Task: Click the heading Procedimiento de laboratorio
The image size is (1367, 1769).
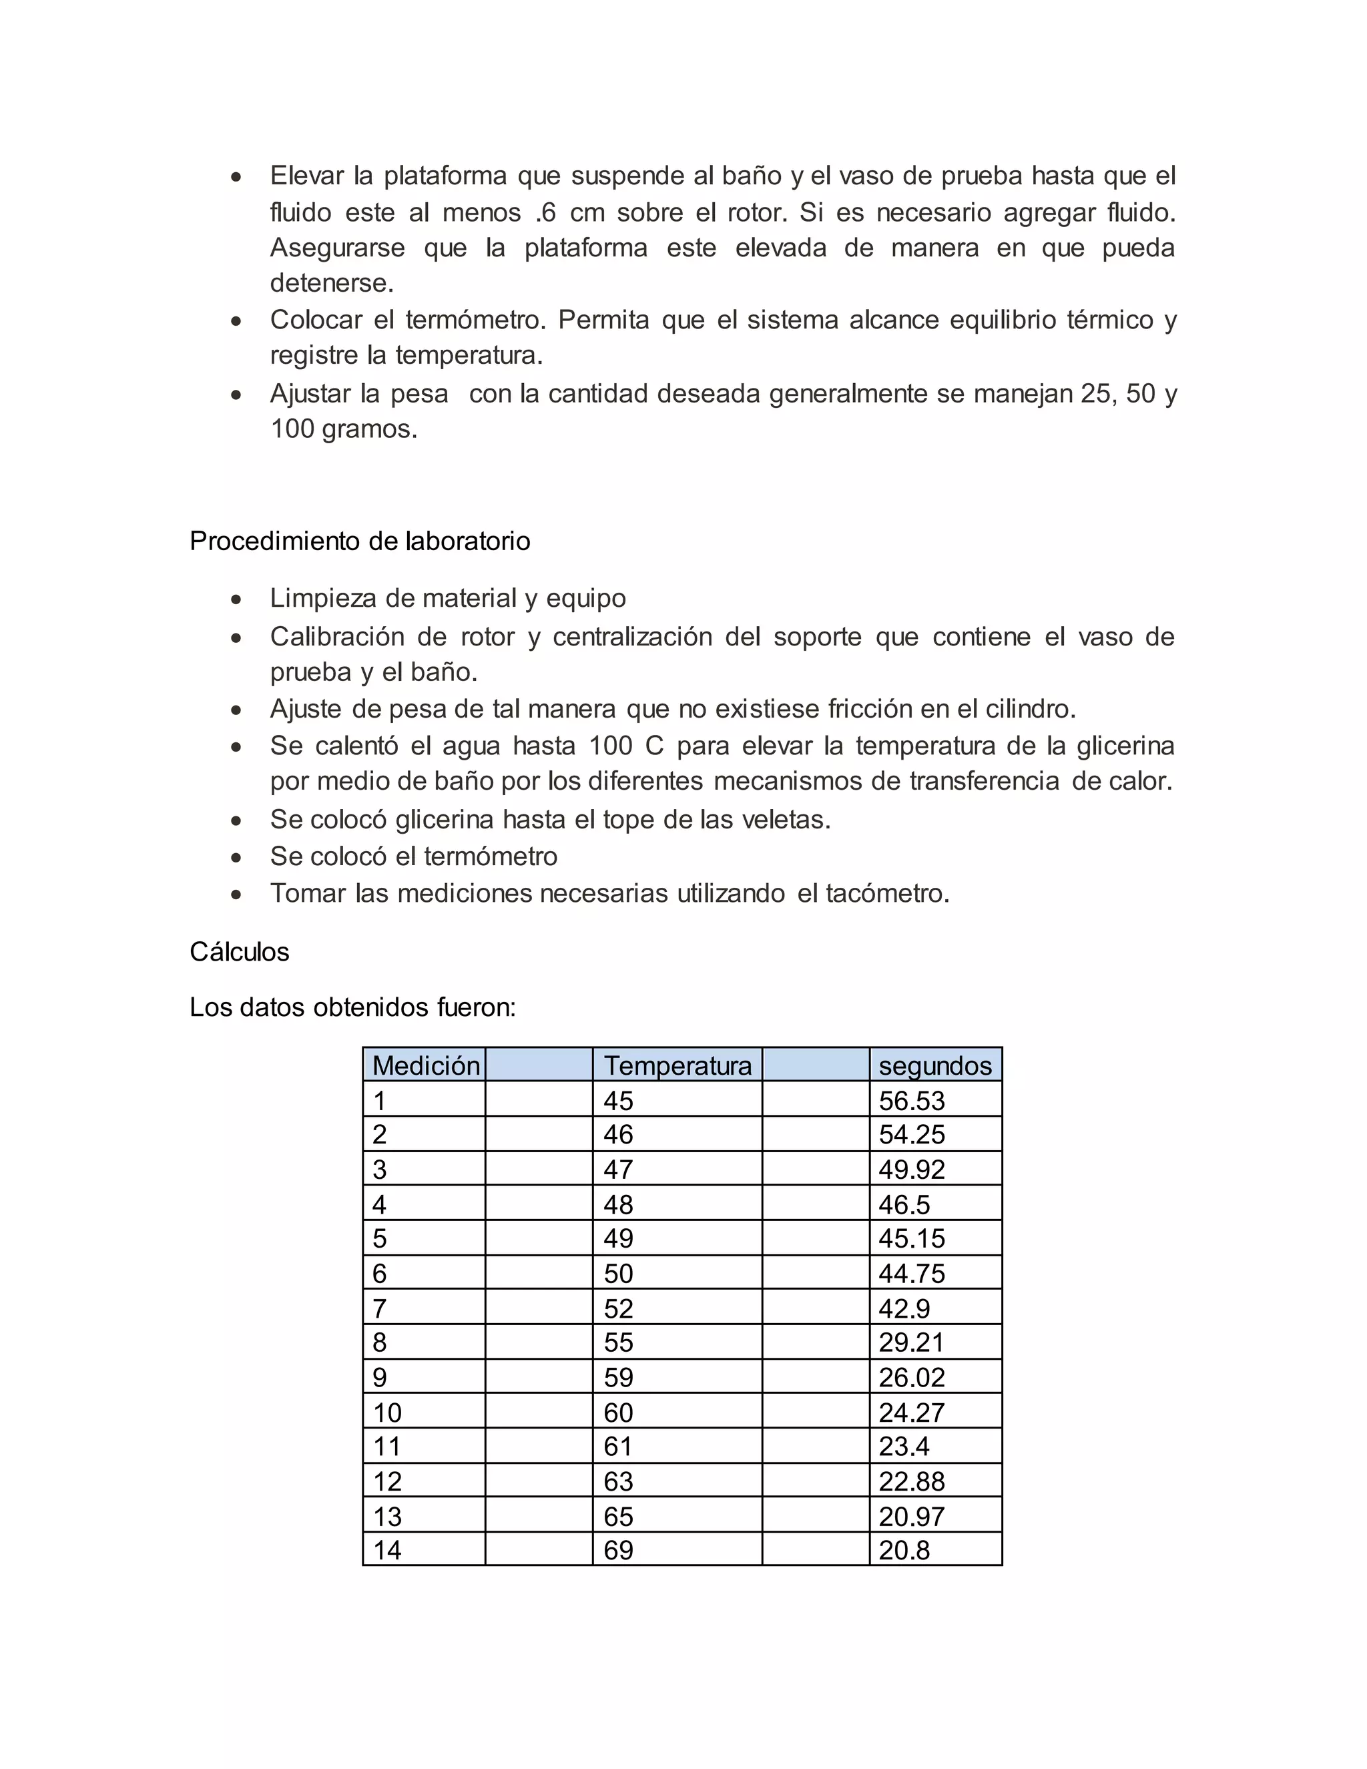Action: [360, 541]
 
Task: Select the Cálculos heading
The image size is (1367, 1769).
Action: [239, 952]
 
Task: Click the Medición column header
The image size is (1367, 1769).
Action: [426, 1065]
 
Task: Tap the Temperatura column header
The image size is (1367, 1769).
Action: [677, 1065]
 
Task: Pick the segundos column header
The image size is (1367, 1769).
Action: [934, 1065]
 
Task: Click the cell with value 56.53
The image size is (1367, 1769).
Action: [911, 1101]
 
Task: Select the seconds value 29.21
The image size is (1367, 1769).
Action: [911, 1343]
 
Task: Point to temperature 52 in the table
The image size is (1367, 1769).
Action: [618, 1309]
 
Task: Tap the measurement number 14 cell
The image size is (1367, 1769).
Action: [387, 1550]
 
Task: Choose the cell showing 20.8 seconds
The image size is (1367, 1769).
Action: [904, 1550]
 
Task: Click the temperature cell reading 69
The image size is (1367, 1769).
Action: [618, 1550]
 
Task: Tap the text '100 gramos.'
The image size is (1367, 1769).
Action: [343, 429]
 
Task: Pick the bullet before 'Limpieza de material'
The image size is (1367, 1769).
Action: [236, 600]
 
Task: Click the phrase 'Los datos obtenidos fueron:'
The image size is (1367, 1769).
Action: [352, 1007]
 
